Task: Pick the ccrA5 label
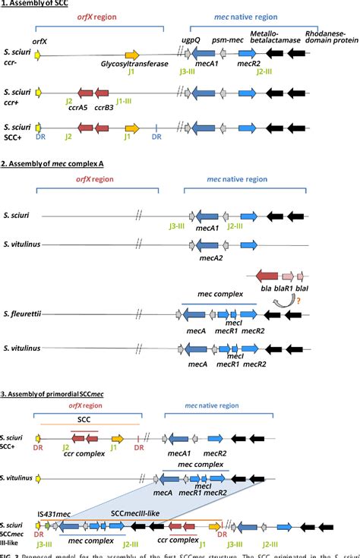point(78,107)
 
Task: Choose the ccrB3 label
point(104,107)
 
